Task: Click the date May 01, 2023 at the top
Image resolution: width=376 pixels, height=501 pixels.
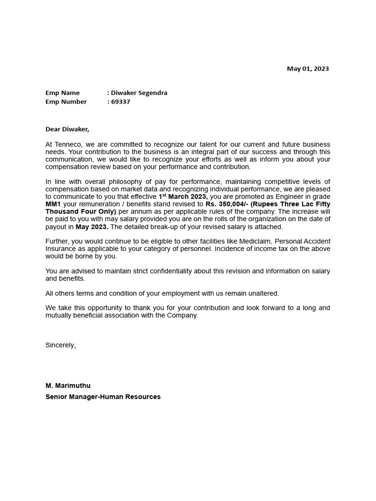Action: (307, 68)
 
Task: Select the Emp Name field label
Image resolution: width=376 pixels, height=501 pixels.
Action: (62, 92)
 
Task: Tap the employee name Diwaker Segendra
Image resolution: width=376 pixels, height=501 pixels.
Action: (139, 92)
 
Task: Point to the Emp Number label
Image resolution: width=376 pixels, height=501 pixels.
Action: (66, 102)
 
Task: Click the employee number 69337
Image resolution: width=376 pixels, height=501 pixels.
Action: (120, 102)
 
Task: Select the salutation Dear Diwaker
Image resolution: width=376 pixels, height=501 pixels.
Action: (68, 129)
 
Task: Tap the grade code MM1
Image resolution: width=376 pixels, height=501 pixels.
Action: (53, 204)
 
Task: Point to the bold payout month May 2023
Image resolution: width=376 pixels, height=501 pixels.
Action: (92, 227)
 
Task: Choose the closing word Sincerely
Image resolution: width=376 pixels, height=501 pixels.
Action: (61, 345)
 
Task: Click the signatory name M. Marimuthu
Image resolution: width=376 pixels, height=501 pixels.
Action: (68, 386)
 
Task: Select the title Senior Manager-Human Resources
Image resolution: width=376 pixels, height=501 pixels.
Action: (103, 397)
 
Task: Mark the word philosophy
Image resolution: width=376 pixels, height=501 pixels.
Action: (119, 182)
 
